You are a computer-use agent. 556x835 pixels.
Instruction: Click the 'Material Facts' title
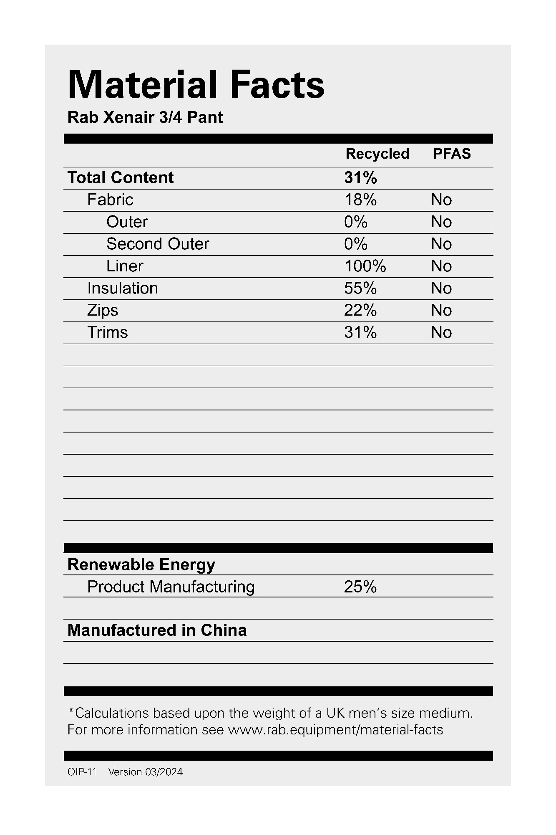point(196,85)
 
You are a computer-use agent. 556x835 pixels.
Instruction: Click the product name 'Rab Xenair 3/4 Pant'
point(145,117)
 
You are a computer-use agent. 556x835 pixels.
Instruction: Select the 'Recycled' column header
point(377,154)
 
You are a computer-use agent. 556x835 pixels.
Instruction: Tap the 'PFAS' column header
point(452,154)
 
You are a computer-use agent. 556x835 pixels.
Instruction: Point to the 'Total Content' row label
point(121,178)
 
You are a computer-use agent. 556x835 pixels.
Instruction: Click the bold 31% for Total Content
point(360,178)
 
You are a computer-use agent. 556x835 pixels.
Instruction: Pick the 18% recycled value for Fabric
point(360,200)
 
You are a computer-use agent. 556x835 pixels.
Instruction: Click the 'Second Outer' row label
point(158,244)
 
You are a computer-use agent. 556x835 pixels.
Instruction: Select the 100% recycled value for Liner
point(365,266)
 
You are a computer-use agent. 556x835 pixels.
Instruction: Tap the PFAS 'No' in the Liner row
point(441,266)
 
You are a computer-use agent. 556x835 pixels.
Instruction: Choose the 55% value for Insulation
point(360,288)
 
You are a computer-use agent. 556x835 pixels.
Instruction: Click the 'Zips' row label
point(103,310)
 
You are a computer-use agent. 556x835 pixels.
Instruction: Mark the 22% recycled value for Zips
point(360,310)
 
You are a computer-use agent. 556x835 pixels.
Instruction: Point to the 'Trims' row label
point(108,332)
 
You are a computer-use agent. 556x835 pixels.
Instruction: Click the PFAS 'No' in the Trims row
point(441,332)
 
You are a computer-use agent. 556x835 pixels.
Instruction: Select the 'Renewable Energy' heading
point(141,564)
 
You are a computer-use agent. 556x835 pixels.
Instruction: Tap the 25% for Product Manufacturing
point(360,587)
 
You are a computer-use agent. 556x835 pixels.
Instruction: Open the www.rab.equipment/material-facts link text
point(335,730)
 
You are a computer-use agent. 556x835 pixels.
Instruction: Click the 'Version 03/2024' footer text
point(145,772)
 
